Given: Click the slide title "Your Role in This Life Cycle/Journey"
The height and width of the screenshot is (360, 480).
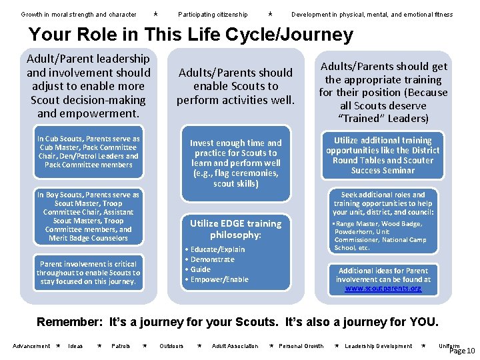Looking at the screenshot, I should click(x=190, y=35).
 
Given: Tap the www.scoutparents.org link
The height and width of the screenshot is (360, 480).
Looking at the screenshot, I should click(x=383, y=288).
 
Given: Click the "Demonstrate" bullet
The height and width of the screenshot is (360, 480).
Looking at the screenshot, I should click(x=212, y=259).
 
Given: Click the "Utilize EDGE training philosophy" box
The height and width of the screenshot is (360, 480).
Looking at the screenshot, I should click(x=235, y=229).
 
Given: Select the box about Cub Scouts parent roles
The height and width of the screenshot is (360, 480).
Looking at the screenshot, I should click(x=88, y=152).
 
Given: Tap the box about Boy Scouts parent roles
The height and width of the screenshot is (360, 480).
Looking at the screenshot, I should click(x=88, y=216).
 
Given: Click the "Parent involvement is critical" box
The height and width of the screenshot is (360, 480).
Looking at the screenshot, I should click(x=88, y=273).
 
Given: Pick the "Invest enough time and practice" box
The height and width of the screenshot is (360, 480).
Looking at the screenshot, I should click(x=235, y=163).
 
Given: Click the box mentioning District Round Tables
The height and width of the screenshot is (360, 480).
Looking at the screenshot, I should click(x=383, y=155).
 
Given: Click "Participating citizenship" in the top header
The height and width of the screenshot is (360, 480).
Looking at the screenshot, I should click(x=213, y=14).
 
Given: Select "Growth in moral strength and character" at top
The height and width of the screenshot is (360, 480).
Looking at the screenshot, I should click(x=79, y=14).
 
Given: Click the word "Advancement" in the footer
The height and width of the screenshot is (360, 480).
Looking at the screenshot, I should click(x=31, y=346).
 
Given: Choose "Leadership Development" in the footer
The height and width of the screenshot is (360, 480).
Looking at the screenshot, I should click(x=378, y=346).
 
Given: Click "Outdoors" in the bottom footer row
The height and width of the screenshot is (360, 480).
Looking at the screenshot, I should click(x=171, y=346).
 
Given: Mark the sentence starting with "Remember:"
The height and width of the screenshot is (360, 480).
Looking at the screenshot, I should click(x=237, y=323).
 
